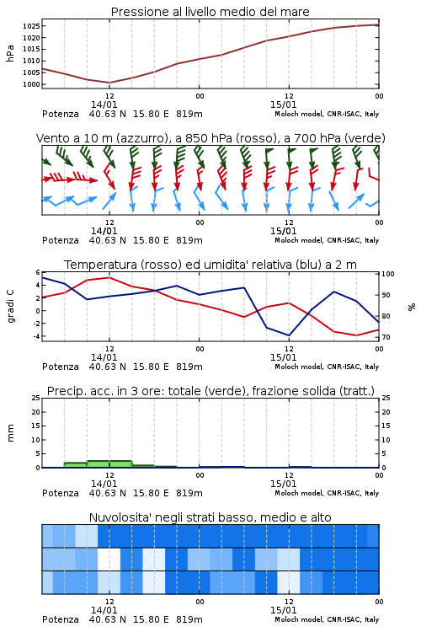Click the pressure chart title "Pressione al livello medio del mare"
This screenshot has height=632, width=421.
click(210, 12)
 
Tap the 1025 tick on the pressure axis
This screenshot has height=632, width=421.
click(31, 26)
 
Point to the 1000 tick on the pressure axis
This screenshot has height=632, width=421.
click(31, 84)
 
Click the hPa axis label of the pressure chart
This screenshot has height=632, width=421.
click(10, 54)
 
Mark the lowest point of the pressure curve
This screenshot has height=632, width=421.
click(109, 83)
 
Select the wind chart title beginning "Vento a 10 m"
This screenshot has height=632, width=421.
click(210, 138)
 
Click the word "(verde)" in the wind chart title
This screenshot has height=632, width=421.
click(365, 138)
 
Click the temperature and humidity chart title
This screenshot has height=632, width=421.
click(210, 265)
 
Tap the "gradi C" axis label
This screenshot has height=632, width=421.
click(10, 307)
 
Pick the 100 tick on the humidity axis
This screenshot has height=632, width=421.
click(388, 274)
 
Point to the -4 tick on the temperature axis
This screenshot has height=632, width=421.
click(37, 336)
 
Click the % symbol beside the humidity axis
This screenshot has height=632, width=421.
click(412, 307)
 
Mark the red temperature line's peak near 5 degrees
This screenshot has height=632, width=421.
click(109, 277)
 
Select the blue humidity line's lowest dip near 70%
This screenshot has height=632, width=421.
click(289, 335)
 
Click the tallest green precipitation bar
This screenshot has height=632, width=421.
click(109, 464)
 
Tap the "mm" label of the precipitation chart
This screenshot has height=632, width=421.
click(10, 433)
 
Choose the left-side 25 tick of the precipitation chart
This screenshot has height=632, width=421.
click(36, 398)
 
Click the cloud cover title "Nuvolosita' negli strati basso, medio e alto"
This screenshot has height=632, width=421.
click(210, 517)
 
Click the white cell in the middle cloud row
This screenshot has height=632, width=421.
click(109, 559)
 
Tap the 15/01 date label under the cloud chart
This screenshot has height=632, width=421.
click(283, 610)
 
